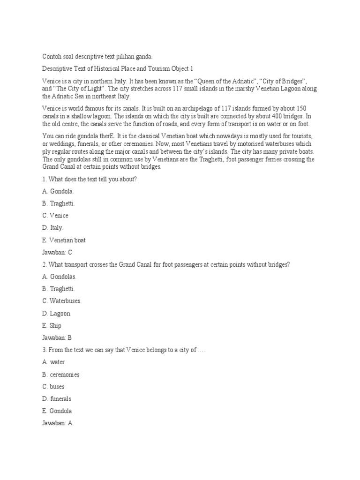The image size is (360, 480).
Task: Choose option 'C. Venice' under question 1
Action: point(55,216)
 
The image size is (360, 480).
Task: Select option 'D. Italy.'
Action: point(52,228)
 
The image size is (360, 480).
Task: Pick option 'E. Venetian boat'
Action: point(64,240)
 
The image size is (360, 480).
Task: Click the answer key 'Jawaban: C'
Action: point(57,252)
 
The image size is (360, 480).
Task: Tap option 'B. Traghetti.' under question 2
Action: point(58,289)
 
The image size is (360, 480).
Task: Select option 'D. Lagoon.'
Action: point(56,313)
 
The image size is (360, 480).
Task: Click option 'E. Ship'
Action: point(52,325)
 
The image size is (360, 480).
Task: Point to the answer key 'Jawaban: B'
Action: point(57,337)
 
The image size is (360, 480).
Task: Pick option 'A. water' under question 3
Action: point(53,362)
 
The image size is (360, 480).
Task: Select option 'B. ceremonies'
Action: point(60,375)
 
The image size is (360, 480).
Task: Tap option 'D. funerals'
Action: point(56,399)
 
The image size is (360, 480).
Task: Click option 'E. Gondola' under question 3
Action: point(57,411)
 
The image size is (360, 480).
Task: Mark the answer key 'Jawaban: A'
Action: point(57,423)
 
